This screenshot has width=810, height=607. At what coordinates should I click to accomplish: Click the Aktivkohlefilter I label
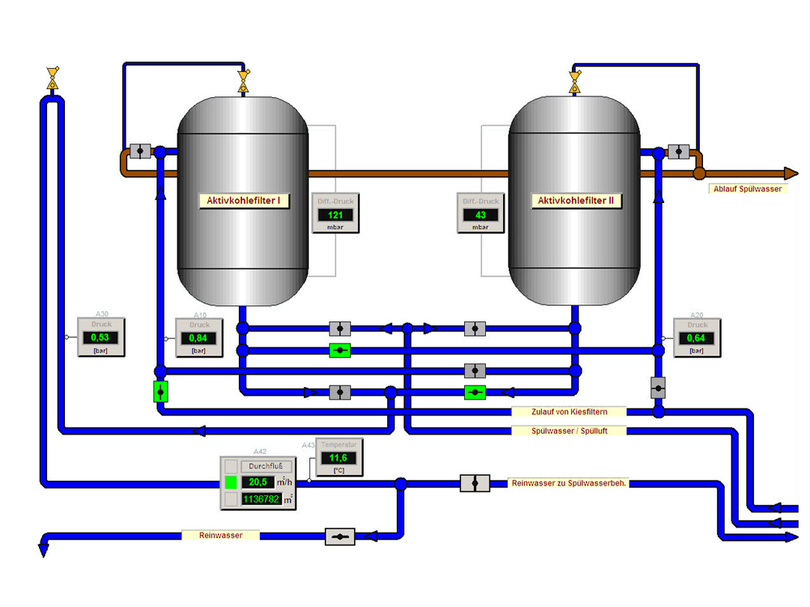[x=244, y=201]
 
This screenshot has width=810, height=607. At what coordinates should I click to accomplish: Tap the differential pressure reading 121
[x=335, y=214]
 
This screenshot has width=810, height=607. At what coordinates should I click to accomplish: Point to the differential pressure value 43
[x=480, y=214]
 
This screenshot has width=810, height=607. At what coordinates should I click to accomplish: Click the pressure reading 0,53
[x=100, y=337]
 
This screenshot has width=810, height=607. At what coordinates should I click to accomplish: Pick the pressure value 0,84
[x=198, y=337]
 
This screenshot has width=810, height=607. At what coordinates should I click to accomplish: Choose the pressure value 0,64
[x=697, y=337]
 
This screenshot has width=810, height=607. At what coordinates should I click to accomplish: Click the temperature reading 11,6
[x=339, y=458]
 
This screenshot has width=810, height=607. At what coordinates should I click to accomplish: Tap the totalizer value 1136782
[x=261, y=499]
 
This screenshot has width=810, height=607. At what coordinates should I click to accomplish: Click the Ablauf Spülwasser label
[x=747, y=189]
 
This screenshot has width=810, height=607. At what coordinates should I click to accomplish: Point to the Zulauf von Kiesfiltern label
[x=569, y=412]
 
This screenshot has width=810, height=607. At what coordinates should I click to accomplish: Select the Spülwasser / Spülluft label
[x=569, y=431]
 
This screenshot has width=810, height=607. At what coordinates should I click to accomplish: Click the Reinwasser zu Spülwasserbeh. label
[x=569, y=483]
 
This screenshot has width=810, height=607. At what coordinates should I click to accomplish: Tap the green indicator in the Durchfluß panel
[x=231, y=482]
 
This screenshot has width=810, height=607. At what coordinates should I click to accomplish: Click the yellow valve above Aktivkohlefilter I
[x=243, y=81]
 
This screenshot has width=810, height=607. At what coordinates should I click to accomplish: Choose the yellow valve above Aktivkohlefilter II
[x=575, y=81]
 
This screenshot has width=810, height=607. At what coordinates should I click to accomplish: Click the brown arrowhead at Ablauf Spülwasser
[x=791, y=173]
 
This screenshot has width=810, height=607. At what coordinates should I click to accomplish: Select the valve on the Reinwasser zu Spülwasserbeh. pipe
[x=475, y=483]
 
